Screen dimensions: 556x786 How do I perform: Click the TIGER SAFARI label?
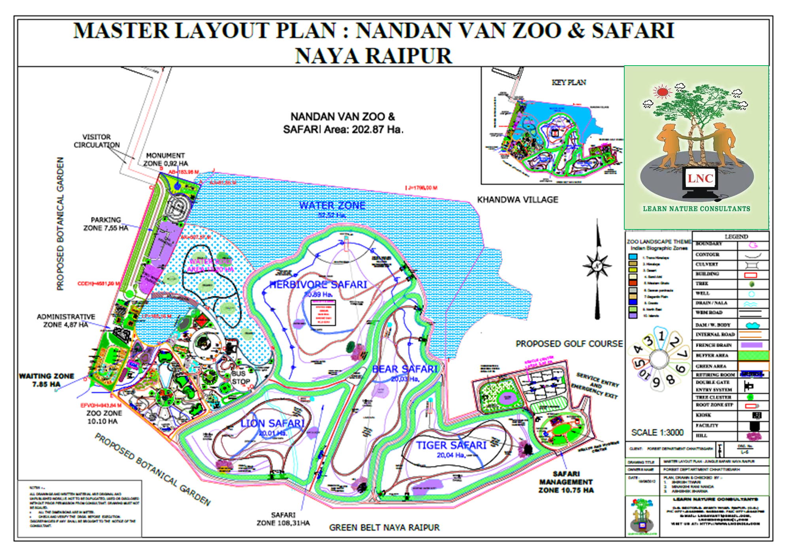click(451, 445)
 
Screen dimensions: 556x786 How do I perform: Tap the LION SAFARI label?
click(272, 424)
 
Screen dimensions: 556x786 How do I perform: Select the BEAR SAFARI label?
click(404, 369)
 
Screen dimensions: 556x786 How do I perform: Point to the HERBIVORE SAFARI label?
click(318, 285)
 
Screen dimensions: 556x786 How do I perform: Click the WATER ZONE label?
click(332, 206)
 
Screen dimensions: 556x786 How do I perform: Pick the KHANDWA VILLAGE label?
click(518, 200)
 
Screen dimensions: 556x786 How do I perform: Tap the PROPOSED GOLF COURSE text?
click(569, 344)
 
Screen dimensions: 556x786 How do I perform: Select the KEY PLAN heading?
click(569, 83)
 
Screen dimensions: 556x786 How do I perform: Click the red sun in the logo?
click(663, 92)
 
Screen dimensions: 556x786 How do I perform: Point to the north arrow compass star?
click(597, 266)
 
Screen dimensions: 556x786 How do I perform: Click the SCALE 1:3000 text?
click(657, 433)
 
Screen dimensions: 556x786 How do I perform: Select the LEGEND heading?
click(736, 236)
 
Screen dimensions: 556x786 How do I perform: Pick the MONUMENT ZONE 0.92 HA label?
click(165, 159)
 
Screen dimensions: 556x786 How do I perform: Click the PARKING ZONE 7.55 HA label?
click(106, 224)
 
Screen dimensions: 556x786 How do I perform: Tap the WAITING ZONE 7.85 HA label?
click(46, 380)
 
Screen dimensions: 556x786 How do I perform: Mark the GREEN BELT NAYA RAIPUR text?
click(384, 528)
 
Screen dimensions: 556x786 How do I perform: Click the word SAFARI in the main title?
click(633, 30)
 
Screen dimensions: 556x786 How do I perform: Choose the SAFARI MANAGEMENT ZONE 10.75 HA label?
click(566, 482)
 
